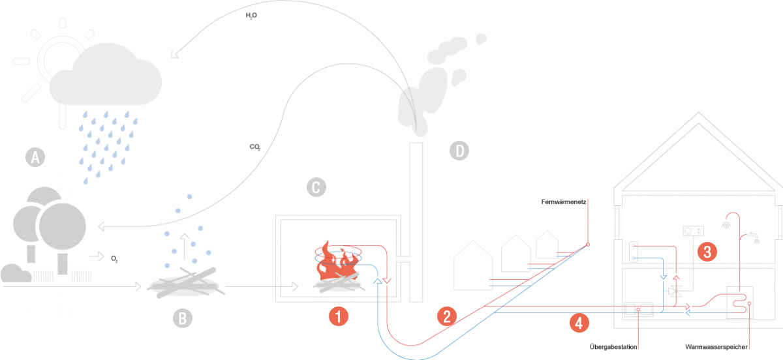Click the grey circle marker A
[35, 157]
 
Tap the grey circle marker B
[183, 318]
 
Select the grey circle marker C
[315, 188]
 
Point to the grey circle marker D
[459, 151]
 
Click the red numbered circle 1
[339, 317]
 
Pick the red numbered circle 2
[446, 317]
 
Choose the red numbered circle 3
[707, 251]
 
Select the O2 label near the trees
[114, 259]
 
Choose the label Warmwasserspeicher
[716, 347]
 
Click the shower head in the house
[726, 225]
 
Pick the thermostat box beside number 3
[692, 231]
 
